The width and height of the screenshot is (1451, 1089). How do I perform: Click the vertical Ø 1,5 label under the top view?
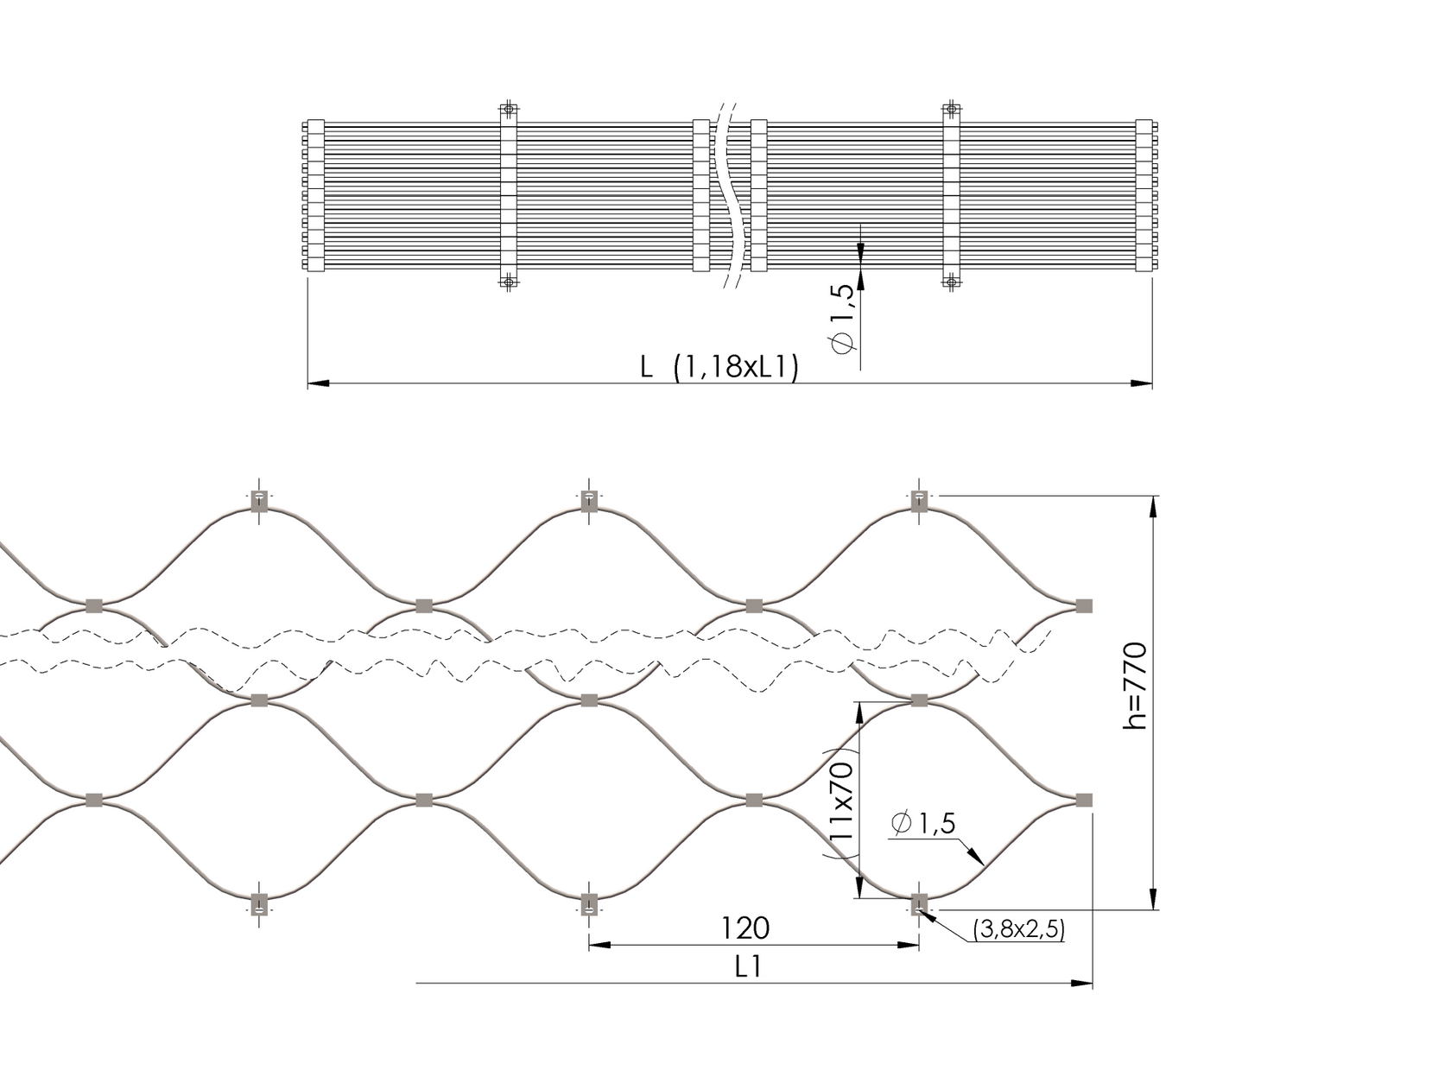[843, 317]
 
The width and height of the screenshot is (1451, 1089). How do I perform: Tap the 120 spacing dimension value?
[745, 928]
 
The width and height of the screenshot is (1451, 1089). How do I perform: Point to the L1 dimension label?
[748, 967]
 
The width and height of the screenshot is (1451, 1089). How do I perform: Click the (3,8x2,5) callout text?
[1018, 929]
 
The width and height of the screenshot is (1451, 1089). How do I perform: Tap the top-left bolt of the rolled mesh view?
[509, 109]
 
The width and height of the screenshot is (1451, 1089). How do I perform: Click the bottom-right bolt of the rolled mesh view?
[951, 282]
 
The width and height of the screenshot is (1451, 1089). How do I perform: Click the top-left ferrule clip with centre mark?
[258, 500]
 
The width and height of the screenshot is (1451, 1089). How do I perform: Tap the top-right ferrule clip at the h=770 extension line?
[919, 500]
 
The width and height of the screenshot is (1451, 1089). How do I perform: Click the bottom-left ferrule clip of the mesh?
[258, 906]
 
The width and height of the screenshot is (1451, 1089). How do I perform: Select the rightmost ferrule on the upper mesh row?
[1083, 605]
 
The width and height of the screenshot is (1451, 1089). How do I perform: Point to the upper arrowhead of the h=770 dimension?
[1151, 506]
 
